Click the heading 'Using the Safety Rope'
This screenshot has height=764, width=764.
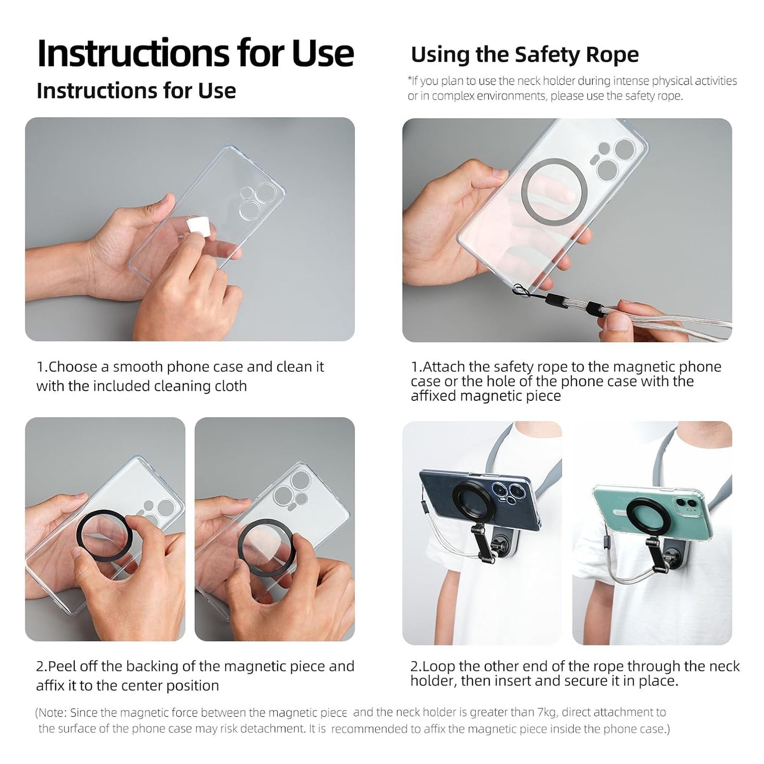pos(525,54)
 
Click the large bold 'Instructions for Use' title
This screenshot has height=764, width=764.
pos(196,53)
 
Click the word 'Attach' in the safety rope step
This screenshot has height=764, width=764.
pos(444,367)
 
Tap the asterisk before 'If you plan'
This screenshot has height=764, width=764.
pos(410,79)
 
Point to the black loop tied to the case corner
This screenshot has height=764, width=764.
pos(520,290)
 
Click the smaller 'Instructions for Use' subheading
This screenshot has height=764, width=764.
pos(136,91)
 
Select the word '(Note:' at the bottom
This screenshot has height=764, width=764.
pos(51,713)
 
